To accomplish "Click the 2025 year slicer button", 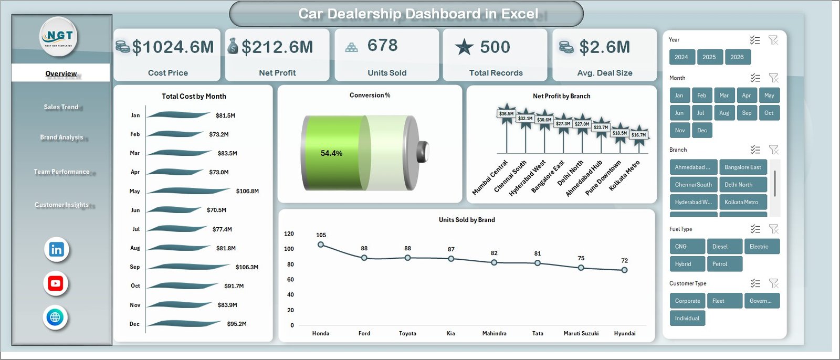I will coord(709,57).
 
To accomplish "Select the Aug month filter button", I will coord(724,113).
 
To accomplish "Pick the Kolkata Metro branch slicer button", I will coord(742,202).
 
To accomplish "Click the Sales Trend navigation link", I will coord(61,107).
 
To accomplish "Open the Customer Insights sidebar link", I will coord(61,205).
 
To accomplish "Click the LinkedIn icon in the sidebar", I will coord(56,249).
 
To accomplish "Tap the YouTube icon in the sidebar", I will coord(56,283).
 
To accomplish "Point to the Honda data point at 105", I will coord(321,245).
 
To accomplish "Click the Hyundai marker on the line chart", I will coord(624,270).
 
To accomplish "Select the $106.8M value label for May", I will coord(247,191).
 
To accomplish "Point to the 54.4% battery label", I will coord(331,153).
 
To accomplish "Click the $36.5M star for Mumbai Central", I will coord(507,113).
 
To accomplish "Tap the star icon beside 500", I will coord(464,47).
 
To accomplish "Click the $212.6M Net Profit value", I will coord(277,47).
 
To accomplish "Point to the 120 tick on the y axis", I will coord(289,234).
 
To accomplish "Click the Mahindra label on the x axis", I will coord(494,333).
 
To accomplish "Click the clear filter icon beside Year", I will coord(773,40).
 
